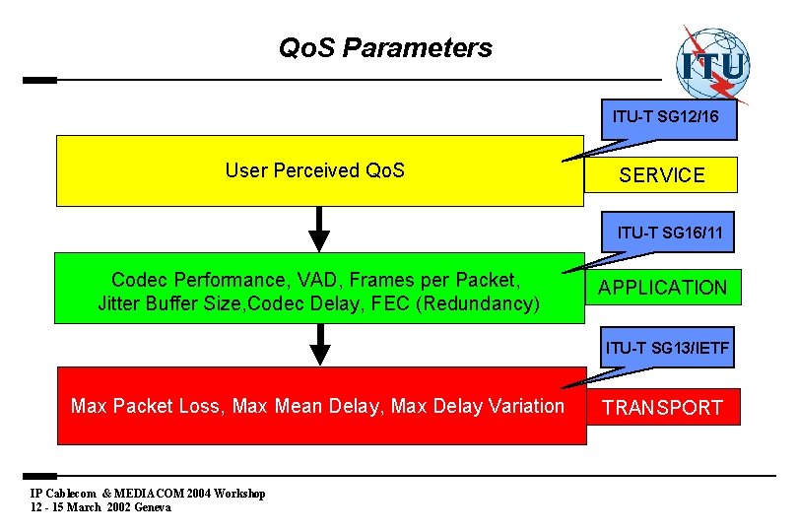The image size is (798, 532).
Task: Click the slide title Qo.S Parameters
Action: tap(385, 47)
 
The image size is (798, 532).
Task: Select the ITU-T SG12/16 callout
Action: tap(665, 117)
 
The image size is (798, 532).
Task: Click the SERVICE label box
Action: tap(662, 175)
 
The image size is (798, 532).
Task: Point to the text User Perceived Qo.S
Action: tap(314, 170)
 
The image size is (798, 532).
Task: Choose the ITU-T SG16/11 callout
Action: tap(670, 233)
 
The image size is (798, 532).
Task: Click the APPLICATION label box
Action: tap(662, 288)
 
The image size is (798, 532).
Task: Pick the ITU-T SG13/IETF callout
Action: tap(667, 348)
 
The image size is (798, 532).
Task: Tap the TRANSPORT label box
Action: tap(662, 408)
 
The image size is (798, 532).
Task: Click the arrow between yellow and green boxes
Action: tap(318, 230)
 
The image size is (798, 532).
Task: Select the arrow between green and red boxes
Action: tap(318, 345)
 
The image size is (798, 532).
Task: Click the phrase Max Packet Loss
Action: tap(146, 406)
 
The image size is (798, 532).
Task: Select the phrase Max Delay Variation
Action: tap(478, 406)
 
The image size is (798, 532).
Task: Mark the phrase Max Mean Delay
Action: tap(307, 406)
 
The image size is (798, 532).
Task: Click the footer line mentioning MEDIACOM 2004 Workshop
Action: tap(148, 494)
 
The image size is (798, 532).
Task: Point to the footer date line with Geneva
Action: tap(100, 507)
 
